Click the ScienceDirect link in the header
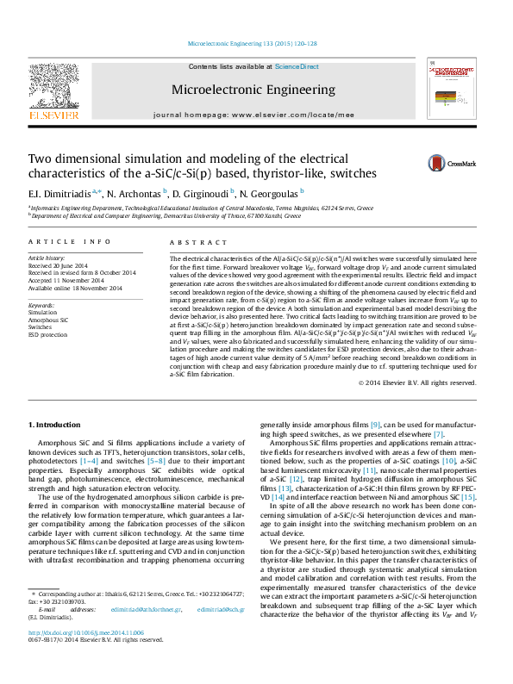pos(297,66)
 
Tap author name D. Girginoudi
pos(200,193)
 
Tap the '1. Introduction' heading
pos(54,426)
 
